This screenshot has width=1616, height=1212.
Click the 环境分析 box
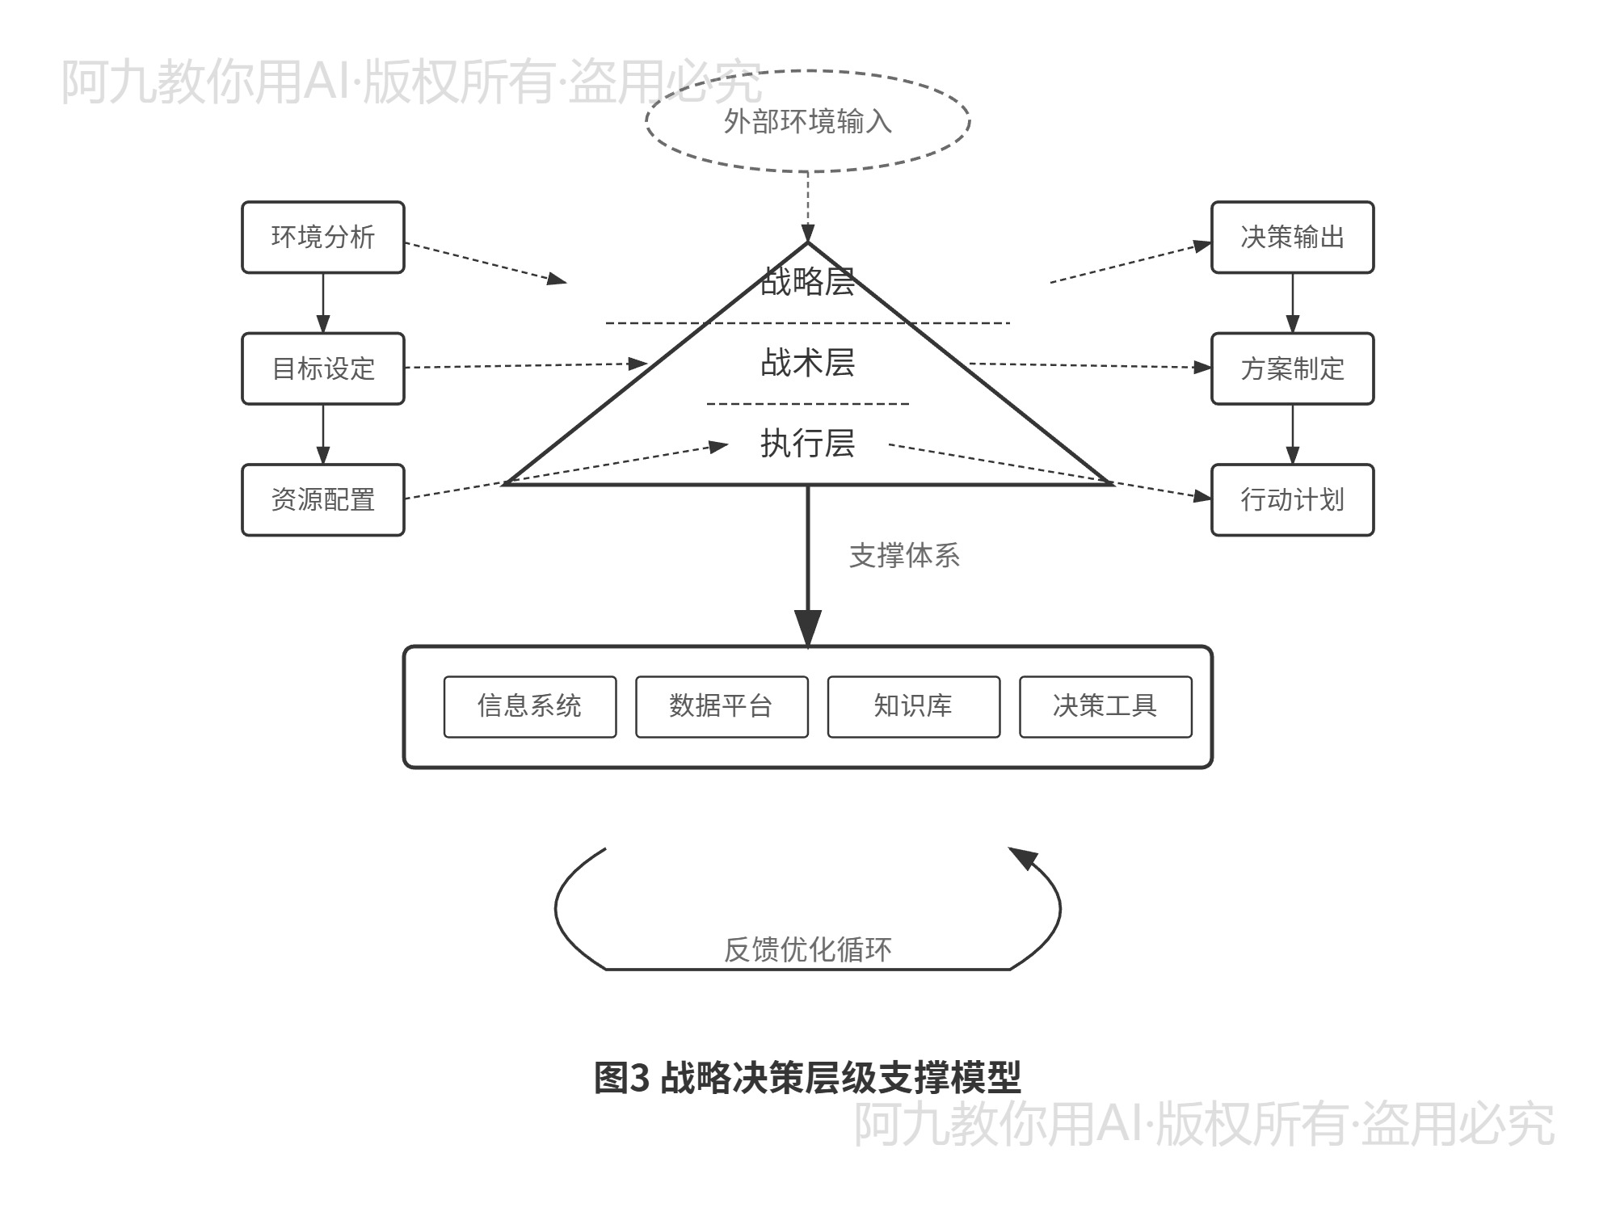[322, 237]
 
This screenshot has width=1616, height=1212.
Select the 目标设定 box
[322, 368]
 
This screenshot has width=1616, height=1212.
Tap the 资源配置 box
[322, 499]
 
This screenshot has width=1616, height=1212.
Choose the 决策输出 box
[1292, 237]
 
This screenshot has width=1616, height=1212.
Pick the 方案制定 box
[1292, 368]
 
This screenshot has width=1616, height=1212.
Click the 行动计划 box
[1292, 499]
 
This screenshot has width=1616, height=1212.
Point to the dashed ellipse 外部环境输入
[807, 122]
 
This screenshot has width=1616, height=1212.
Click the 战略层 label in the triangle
[807, 281]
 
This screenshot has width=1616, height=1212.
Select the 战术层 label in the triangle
[807, 362]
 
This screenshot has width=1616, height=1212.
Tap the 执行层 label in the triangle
[807, 443]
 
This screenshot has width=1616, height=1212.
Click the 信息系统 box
[529, 706]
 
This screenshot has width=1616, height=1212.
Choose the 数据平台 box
[722, 706]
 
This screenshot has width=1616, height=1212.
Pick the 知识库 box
[913, 706]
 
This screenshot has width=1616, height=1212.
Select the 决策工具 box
[1105, 706]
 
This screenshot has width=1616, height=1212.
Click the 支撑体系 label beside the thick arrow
[904, 556]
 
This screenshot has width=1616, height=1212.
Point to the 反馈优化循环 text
[807, 949]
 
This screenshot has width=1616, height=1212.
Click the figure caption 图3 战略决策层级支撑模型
[807, 1078]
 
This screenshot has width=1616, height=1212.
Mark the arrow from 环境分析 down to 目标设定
[322, 303]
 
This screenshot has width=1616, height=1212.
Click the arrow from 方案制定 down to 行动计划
[1292, 434]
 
